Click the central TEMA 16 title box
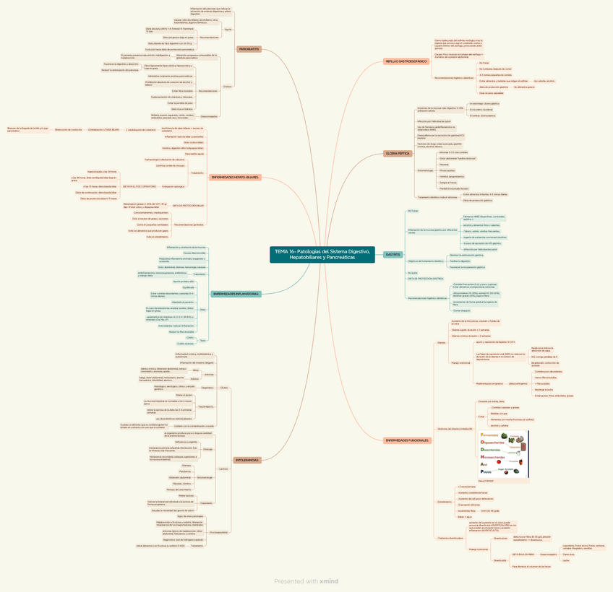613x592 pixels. click(322, 254)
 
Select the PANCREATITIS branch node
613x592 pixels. click(249, 49)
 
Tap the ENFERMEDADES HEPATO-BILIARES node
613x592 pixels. click(235, 177)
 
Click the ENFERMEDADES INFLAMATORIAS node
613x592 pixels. click(235, 294)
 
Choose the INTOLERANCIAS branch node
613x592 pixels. click(247, 460)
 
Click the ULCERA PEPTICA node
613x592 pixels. click(397, 154)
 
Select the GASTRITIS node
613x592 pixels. click(393, 255)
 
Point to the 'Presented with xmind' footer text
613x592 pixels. click(306, 580)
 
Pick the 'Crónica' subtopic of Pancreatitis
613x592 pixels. click(228, 86)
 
